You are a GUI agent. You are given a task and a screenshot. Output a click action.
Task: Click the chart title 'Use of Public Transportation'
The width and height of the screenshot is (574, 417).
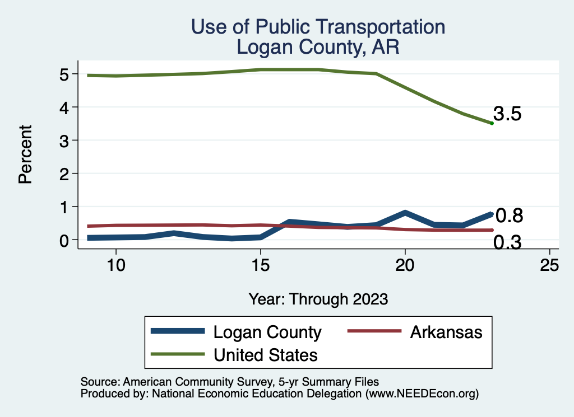(318, 27)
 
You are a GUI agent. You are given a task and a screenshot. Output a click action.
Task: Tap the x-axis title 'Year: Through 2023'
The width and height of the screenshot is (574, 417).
(318, 299)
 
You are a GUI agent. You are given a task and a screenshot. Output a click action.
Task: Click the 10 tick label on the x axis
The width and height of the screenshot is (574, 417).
(116, 265)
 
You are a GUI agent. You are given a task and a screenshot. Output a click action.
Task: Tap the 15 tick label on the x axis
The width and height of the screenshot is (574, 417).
(261, 265)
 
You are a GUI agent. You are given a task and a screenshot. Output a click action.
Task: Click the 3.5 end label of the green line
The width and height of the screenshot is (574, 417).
(508, 114)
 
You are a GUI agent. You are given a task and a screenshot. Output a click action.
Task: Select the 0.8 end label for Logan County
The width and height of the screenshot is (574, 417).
(510, 215)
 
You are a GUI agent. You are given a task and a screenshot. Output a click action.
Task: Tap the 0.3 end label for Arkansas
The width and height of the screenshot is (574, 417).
(508, 242)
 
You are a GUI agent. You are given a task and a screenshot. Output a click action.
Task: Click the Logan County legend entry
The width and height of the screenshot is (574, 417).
(267, 332)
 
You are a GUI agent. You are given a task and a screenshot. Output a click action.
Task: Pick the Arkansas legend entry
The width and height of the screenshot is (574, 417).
(446, 332)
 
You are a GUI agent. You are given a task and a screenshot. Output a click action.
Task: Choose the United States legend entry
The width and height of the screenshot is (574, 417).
(265, 354)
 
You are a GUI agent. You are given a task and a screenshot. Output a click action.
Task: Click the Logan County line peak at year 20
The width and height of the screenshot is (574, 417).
(405, 213)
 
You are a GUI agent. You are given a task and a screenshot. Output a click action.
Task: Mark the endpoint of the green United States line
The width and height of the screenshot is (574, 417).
(492, 123)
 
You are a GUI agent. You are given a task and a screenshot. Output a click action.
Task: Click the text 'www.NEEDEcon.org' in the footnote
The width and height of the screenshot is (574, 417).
(422, 394)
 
